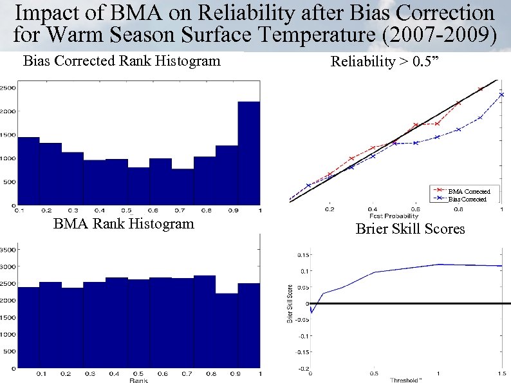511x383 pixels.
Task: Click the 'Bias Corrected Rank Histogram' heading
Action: (x=122, y=62)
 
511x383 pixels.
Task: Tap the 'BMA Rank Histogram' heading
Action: (x=124, y=224)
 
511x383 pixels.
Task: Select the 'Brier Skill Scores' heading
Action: (x=410, y=229)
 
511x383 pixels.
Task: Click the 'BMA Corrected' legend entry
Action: (x=469, y=191)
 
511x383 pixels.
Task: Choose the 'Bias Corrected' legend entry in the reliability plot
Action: (x=469, y=200)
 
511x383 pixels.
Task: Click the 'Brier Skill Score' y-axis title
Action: (x=290, y=303)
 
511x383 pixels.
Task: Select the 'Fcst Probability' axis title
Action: (x=394, y=216)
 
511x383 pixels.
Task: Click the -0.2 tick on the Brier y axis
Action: (x=300, y=369)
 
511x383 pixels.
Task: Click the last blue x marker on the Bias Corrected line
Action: (x=501, y=95)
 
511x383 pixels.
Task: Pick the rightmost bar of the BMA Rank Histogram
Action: (x=248, y=326)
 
